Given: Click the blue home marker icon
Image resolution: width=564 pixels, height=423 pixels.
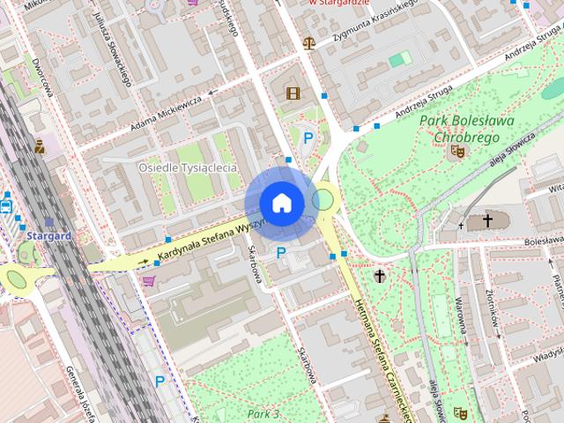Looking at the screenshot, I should pos(281,204).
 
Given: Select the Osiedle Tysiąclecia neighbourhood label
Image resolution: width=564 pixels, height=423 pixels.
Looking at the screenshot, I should pos(189,167).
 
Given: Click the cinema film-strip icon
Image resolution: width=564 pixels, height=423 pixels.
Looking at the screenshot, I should pos(293,93).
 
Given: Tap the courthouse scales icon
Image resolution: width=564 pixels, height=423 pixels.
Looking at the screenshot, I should pos(308,42).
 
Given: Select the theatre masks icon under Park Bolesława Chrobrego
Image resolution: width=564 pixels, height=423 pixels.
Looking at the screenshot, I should pos(456,152).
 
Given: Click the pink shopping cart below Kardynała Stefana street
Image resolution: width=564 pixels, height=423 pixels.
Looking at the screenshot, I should pos(149,281).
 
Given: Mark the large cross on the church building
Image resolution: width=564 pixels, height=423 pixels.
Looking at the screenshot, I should pos(487,220).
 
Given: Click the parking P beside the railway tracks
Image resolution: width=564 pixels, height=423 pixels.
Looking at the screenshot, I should pos(160,381).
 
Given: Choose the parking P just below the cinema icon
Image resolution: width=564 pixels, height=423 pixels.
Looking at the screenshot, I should pos(308,137).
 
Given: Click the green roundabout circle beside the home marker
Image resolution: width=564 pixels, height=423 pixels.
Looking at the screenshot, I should pos(324,199).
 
